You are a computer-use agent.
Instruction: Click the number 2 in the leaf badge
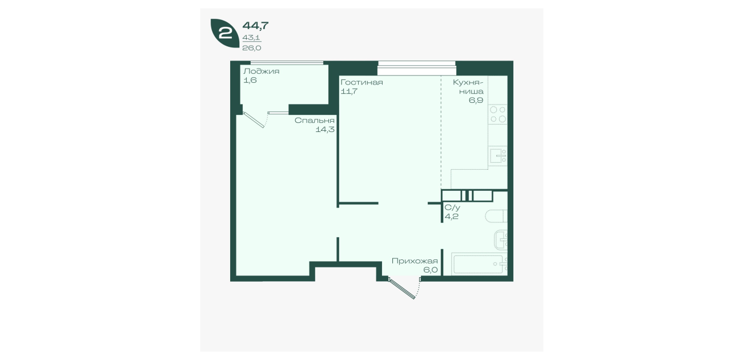pos(226,33)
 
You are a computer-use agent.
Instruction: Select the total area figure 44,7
pos(255,25)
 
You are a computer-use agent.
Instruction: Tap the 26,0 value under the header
pos(252,48)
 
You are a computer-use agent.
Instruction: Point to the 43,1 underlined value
pos(252,38)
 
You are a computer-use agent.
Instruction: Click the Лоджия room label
pos(262,71)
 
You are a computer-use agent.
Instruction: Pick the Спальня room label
pos(315,120)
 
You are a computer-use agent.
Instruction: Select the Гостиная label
pos(362,82)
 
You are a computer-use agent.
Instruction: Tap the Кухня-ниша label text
pos(468,86)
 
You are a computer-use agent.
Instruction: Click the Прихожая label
pos(415,261)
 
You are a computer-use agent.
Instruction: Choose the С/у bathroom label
pos(452,207)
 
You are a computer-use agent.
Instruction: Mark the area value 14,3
pos(325,129)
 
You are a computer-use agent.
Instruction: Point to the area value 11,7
pos(349,91)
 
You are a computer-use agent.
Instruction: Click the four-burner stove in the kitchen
pos(498,114)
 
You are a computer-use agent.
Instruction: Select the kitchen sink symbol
pos(498,156)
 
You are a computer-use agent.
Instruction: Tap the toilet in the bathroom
pos(496,216)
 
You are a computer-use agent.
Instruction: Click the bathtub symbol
pos(479,264)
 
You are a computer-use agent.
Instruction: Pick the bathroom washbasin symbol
pos(501,239)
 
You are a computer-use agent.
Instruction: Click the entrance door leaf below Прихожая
pos(403,289)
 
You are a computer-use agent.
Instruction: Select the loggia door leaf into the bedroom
pos(254,120)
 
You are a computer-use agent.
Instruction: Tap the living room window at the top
pos(417,68)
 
